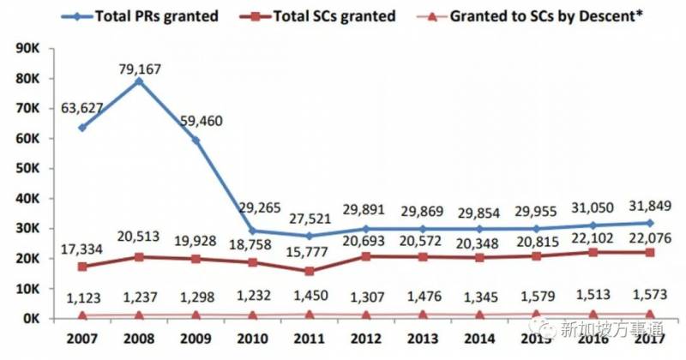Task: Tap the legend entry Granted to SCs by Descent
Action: (x=544, y=15)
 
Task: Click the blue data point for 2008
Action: (x=138, y=81)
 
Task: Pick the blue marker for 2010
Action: (x=253, y=231)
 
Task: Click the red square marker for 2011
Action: (x=310, y=271)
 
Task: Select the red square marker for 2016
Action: (x=593, y=252)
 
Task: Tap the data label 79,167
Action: (x=140, y=63)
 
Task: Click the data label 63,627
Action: (x=82, y=108)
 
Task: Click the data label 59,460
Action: (x=198, y=121)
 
